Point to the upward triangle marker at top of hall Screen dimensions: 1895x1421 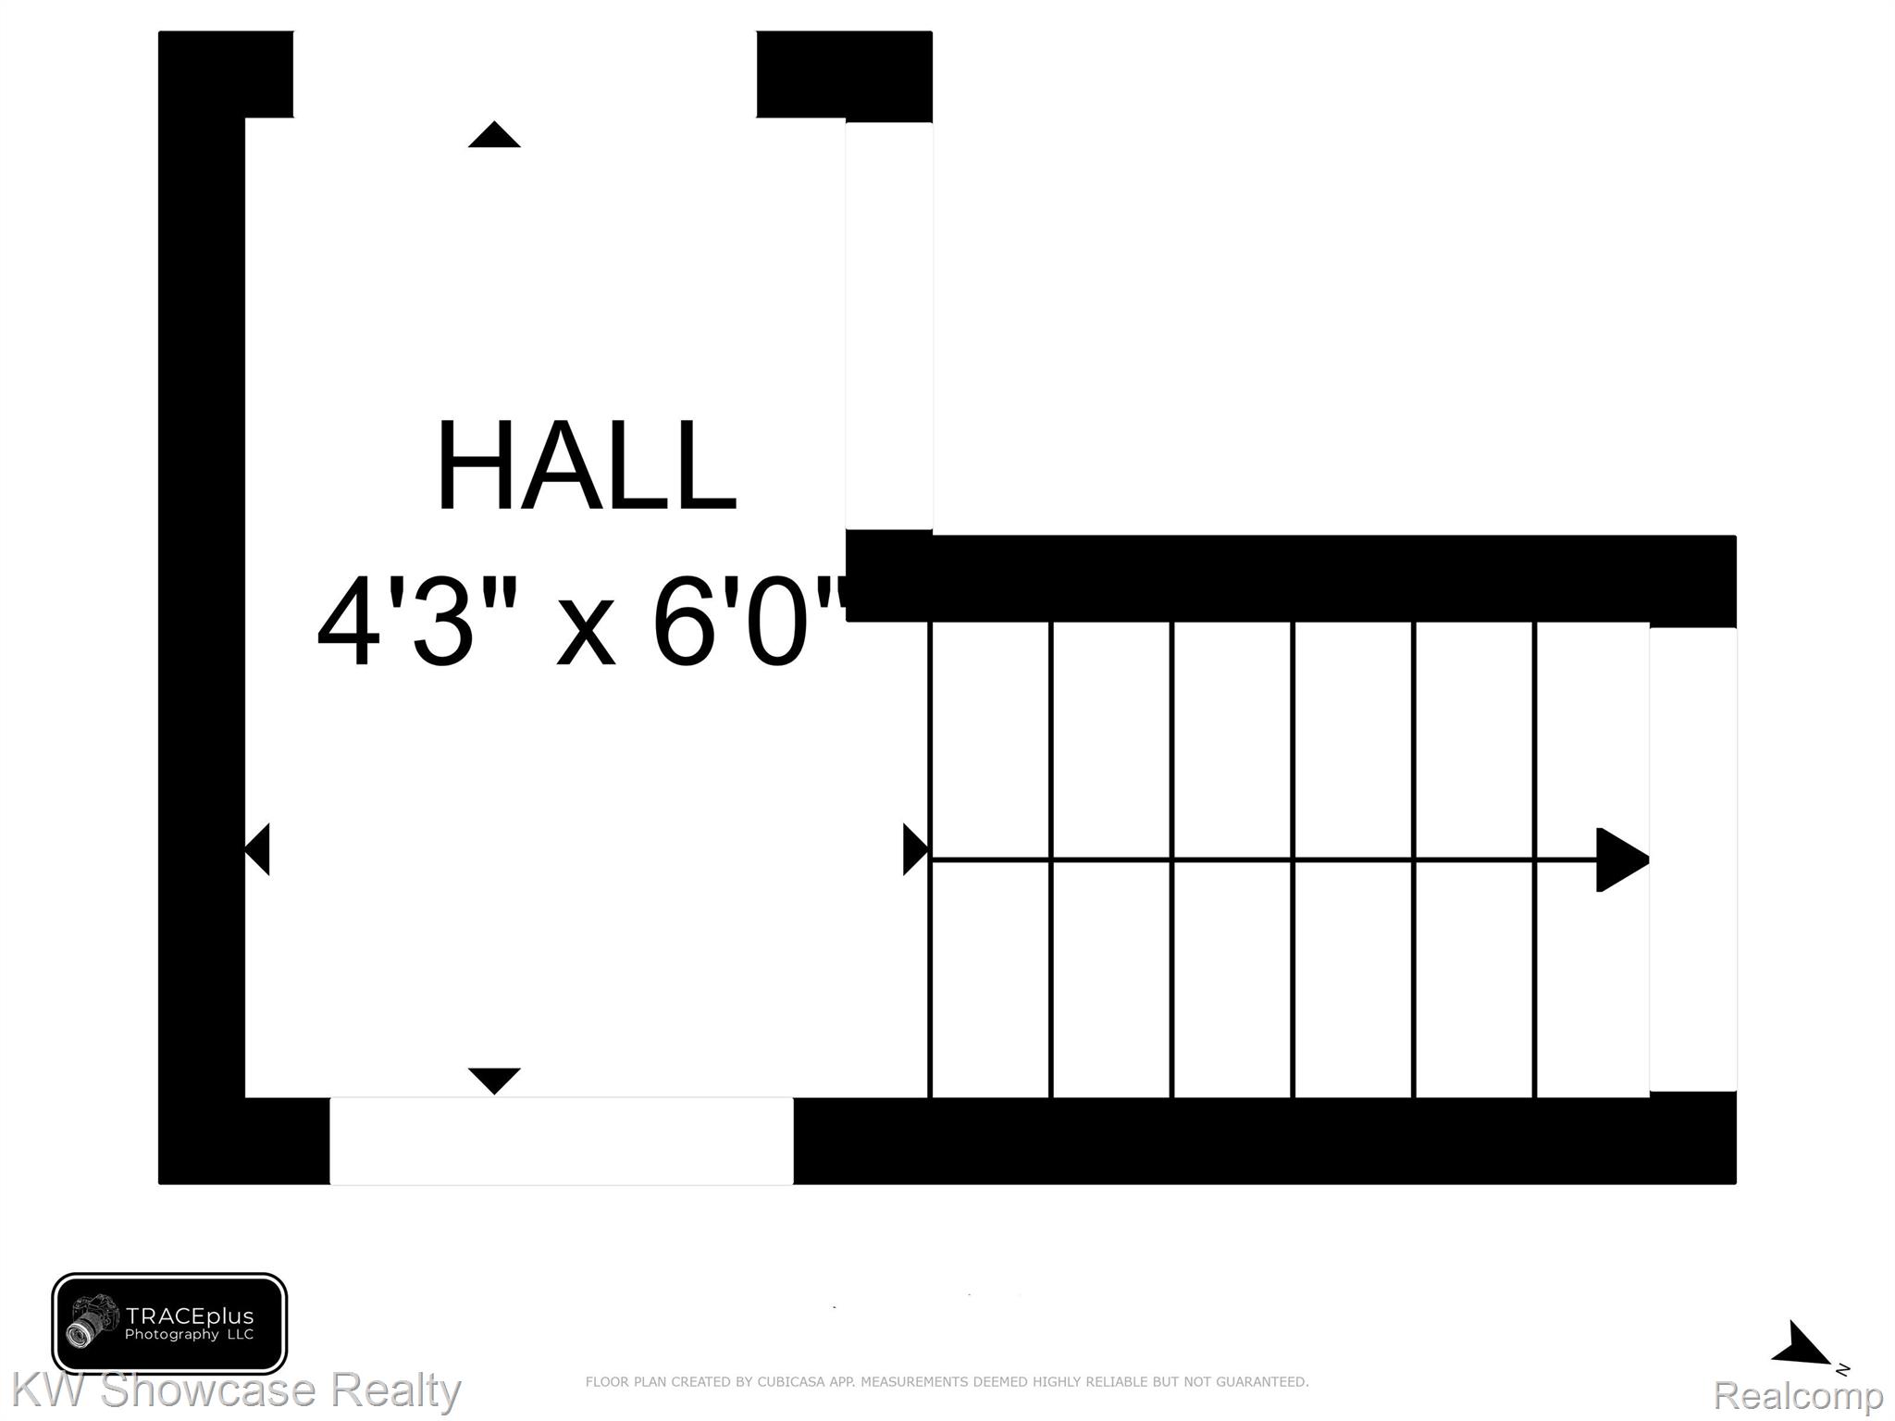[x=494, y=134]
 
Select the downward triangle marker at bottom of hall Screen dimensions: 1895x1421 [x=494, y=1081]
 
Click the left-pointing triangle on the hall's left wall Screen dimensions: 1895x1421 [x=257, y=849]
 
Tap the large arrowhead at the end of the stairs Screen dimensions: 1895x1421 [x=1622, y=859]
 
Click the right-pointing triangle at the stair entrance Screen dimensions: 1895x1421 [x=916, y=849]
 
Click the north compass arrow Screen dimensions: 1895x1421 [x=1800, y=1343]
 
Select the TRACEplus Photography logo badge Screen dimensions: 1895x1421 [x=169, y=1324]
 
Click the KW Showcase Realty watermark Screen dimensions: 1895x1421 [x=235, y=1390]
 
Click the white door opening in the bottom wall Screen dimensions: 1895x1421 [x=562, y=1141]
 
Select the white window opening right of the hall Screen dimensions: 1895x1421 [x=889, y=326]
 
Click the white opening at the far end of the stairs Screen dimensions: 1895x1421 [x=1692, y=859]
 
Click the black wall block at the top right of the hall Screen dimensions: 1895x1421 [x=844, y=75]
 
